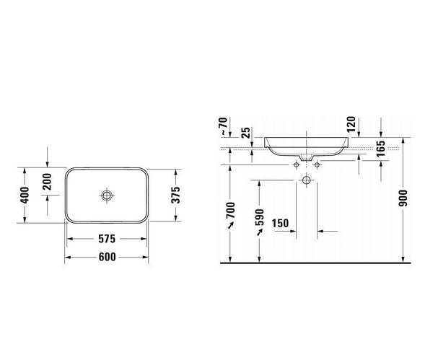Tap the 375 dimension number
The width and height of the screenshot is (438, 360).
tap(174, 195)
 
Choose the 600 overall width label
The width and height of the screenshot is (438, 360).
tap(108, 256)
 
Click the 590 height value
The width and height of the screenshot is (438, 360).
tap(260, 219)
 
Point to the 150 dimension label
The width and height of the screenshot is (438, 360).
tap(281, 222)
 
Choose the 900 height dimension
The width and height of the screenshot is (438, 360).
tap(403, 198)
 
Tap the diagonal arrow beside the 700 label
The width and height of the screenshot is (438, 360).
tap(230, 227)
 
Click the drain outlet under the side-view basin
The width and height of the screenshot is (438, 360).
tap(306, 156)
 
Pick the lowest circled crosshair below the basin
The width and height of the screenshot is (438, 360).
tap(306, 179)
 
